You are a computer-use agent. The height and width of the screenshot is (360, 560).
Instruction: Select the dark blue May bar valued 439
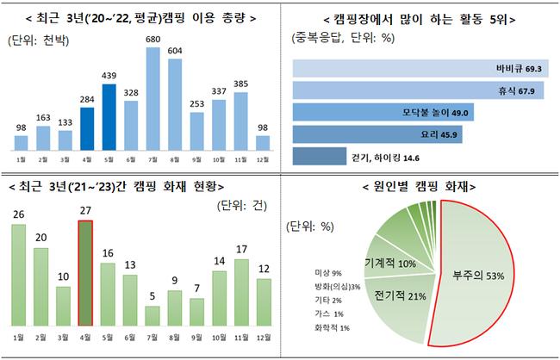[x=108, y=116]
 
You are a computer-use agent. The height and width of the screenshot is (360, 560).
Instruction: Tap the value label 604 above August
[x=175, y=51]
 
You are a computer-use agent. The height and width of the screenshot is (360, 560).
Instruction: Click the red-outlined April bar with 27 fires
[x=85, y=274]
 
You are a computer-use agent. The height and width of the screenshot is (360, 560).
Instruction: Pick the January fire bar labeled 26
[x=18, y=276]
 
